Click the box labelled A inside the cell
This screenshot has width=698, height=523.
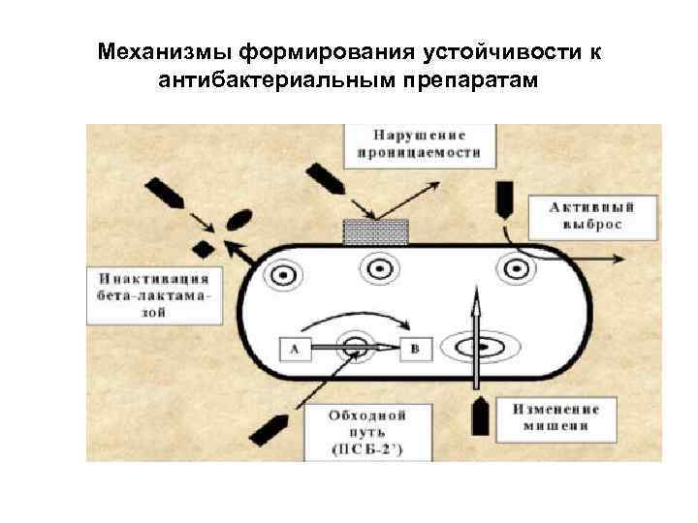click(x=295, y=349)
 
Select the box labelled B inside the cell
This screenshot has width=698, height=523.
click(x=415, y=349)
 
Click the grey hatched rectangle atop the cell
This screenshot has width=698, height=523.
click(x=376, y=232)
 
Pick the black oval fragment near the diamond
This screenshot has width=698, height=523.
click(x=237, y=222)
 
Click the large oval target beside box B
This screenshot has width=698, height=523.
click(x=477, y=346)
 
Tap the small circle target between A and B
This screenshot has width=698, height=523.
click(x=354, y=346)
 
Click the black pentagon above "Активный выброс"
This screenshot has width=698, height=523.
click(x=505, y=199)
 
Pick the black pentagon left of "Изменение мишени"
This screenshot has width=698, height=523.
click(x=478, y=416)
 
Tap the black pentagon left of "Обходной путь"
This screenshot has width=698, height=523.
click(x=268, y=428)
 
